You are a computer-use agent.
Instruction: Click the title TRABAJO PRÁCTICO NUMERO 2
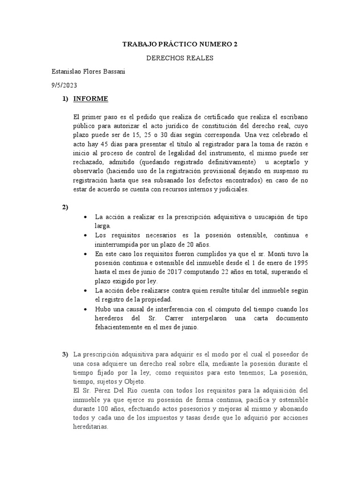pos(180,45)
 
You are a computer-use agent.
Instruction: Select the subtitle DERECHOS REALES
pos(180,59)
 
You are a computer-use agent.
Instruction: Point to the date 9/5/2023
pos(64,85)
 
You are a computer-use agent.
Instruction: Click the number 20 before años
pos(200,244)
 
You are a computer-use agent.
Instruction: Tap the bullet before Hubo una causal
pos(85,310)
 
